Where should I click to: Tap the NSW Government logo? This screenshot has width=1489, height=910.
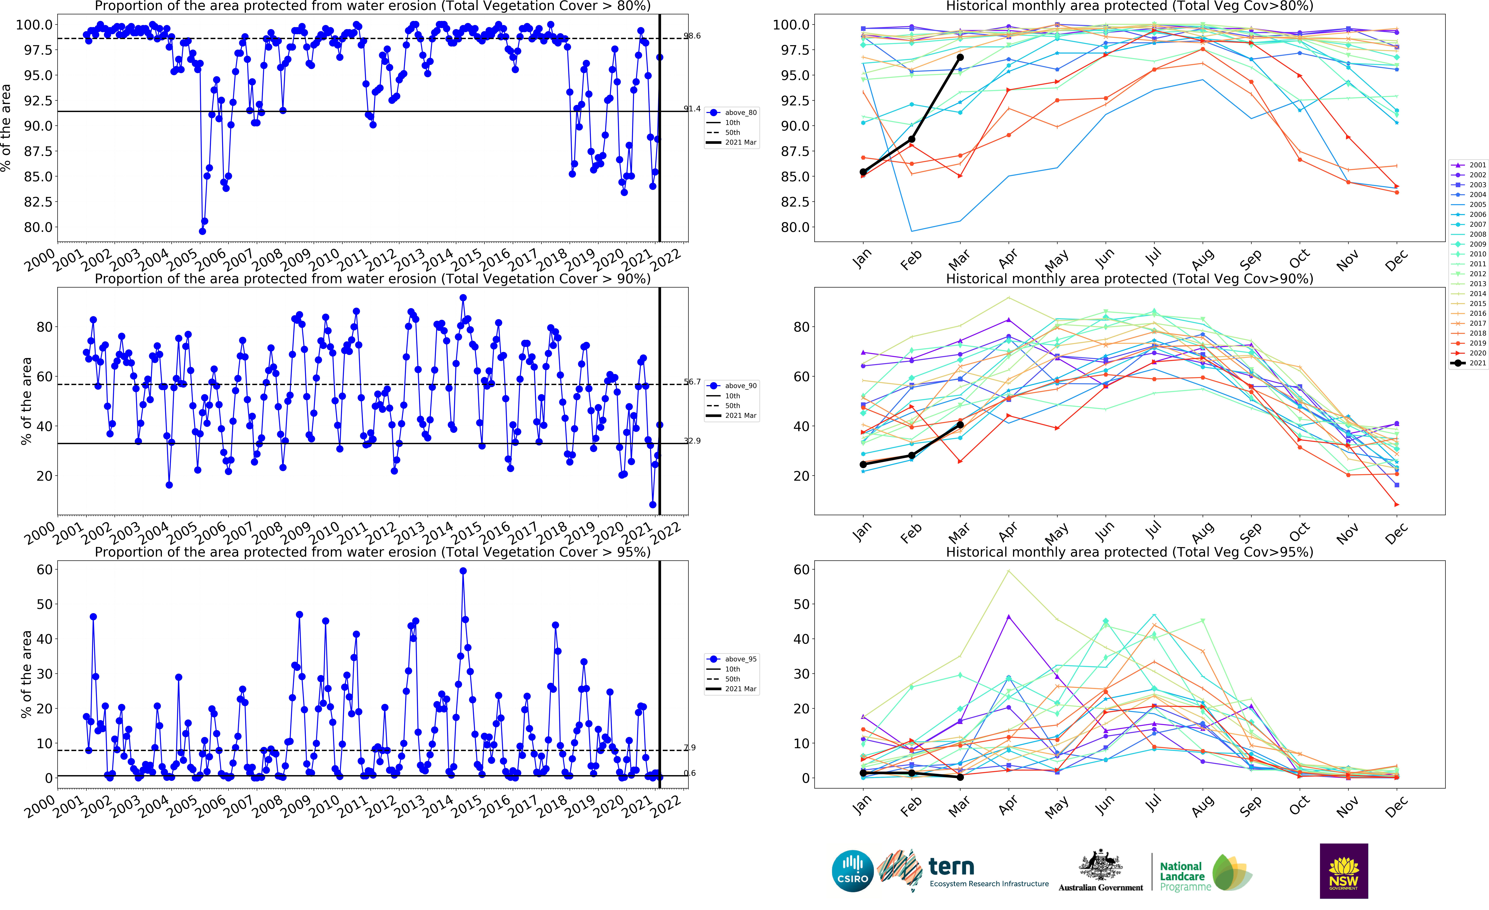1343,871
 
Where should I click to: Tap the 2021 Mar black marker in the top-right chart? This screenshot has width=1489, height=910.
960,57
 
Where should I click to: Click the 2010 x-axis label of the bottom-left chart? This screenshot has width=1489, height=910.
324,806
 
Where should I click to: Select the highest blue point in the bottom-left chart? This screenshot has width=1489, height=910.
463,570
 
